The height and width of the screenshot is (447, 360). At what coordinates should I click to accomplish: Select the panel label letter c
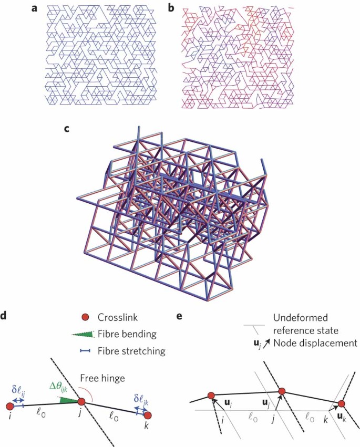tap(66, 130)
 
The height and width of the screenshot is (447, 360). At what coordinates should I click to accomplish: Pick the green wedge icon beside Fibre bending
tap(85, 335)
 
